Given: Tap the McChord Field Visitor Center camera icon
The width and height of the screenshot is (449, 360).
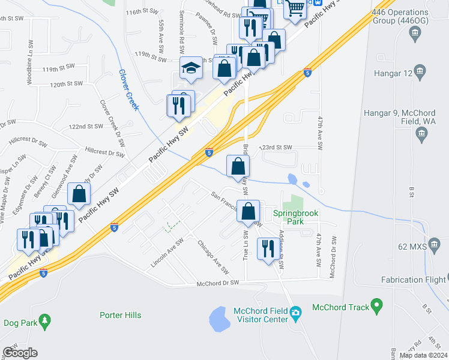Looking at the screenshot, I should point(295,313).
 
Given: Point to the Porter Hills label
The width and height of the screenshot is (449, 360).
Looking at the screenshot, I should point(120,315).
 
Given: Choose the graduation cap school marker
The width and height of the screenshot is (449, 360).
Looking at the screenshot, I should point(190,69).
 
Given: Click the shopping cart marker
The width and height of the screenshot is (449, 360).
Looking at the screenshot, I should point(295,10).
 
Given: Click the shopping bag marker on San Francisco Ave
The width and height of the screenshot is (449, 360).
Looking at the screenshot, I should point(248,211).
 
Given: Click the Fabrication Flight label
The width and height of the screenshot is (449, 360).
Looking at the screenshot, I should point(414,280).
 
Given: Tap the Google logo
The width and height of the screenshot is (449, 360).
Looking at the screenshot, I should point(20,352).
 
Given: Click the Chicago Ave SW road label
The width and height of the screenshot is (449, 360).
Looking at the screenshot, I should point(213,257).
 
